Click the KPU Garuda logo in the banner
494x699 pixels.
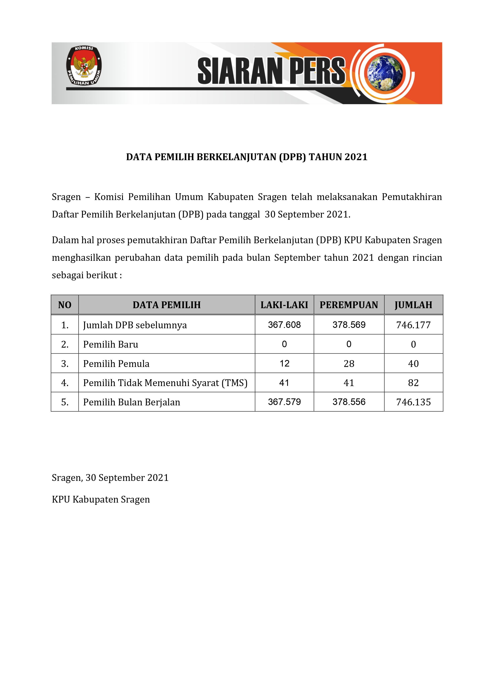[84, 66]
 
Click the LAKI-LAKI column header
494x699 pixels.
[284, 305]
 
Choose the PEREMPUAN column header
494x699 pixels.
[349, 305]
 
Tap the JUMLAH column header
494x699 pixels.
[413, 305]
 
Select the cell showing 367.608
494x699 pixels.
[284, 325]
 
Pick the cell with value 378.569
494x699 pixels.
[349, 325]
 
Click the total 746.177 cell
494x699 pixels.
[413, 325]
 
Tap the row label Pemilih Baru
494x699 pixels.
[111, 344]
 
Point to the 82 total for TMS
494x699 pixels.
[413, 383]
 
